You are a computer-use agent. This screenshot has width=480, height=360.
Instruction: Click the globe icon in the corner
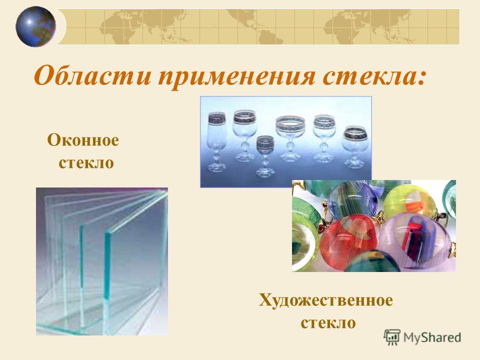36,26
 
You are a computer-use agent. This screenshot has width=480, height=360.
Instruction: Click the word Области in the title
92,75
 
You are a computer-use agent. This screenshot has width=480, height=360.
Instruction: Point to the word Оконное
83,140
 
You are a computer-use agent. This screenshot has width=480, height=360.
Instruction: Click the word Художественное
325,300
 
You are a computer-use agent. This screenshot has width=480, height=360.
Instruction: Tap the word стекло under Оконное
86,162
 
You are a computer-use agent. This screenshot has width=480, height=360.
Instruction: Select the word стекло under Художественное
328,322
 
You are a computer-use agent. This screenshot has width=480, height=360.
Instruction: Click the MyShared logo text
432,337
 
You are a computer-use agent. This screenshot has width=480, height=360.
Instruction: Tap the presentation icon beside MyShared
392,337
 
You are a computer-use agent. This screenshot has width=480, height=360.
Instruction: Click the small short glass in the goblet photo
265,156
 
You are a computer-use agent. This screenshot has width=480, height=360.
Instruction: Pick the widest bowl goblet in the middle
290,138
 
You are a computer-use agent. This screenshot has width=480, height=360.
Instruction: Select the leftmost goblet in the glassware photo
217,141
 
